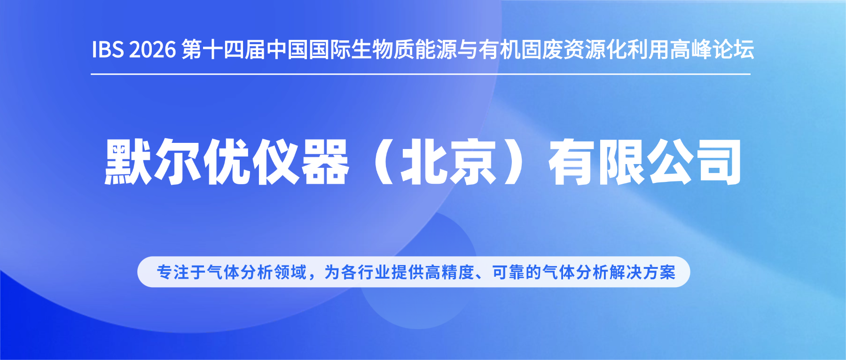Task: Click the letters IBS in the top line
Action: click(x=107, y=50)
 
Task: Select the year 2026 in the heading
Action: click(x=152, y=50)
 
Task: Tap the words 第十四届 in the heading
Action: click(x=223, y=49)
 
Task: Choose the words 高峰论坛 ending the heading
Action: click(x=712, y=49)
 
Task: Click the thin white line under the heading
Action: click(x=421, y=74)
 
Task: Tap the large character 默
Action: click(x=128, y=162)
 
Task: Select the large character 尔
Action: click(x=177, y=162)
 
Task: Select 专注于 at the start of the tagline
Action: click(x=181, y=272)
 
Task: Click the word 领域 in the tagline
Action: click(x=290, y=272)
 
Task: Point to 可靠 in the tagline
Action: click(x=509, y=272)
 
